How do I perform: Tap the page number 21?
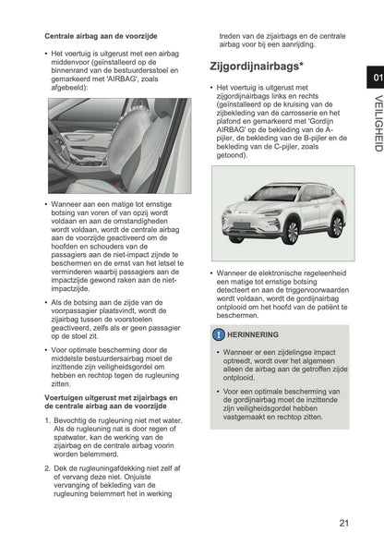pos(342,523)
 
